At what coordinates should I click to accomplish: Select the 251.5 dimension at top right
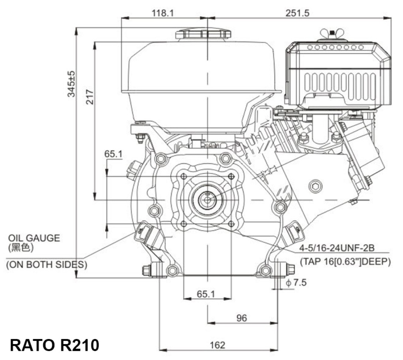click(x=298, y=13)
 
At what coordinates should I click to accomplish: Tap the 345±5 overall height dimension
click(x=71, y=84)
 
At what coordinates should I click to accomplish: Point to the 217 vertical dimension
click(x=90, y=96)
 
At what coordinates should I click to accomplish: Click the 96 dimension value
click(x=241, y=318)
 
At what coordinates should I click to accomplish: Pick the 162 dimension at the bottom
click(x=217, y=345)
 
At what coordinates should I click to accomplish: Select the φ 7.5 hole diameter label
click(x=296, y=283)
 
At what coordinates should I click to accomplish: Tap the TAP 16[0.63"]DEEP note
click(x=345, y=262)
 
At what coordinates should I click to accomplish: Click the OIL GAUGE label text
click(x=34, y=238)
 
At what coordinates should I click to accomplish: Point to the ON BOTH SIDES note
click(x=47, y=265)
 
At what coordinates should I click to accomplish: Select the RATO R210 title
click(x=54, y=345)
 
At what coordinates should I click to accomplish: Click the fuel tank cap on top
click(x=203, y=34)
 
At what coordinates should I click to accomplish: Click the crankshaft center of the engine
click(x=208, y=200)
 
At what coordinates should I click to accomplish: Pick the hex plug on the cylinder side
click(x=315, y=186)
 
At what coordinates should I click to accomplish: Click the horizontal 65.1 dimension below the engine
click(x=206, y=294)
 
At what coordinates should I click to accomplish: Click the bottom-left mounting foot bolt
click(x=148, y=271)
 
